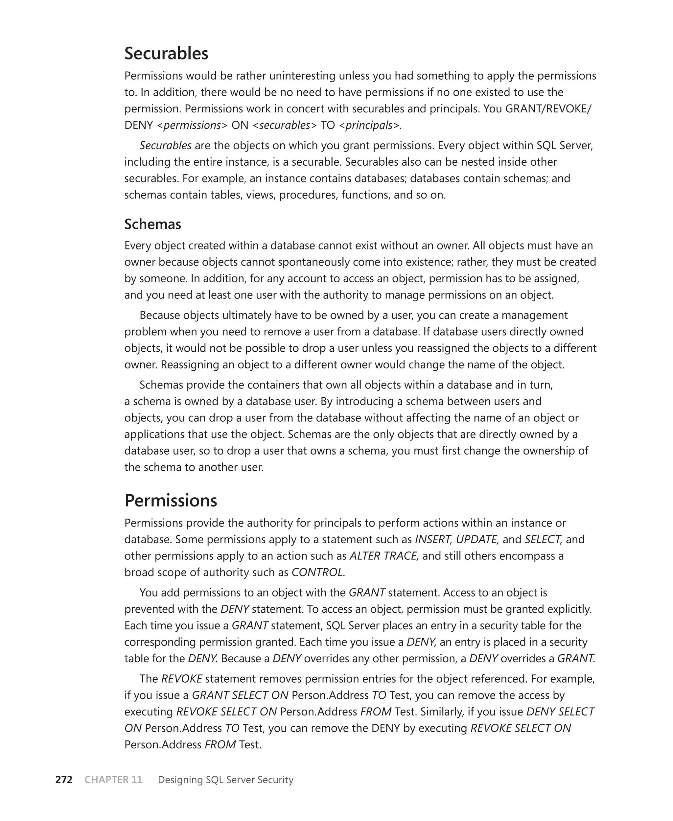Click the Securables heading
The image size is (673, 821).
click(166, 54)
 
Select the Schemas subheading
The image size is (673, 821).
click(152, 224)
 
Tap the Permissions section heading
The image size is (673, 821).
click(171, 501)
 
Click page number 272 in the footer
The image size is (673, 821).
click(64, 780)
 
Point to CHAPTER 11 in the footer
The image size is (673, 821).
click(113, 780)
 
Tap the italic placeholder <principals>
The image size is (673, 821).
click(369, 125)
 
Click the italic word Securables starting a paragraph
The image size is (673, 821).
click(166, 145)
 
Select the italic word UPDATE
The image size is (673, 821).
click(476, 539)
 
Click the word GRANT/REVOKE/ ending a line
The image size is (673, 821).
click(548, 108)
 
